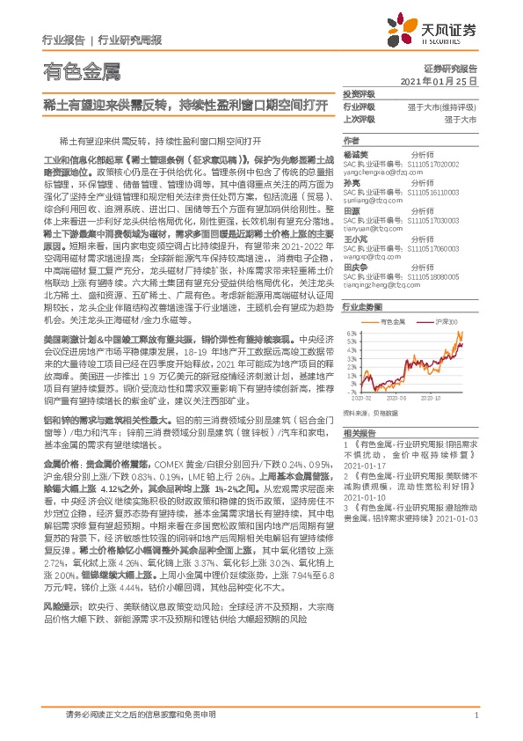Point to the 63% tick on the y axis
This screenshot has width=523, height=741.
click(x=350, y=334)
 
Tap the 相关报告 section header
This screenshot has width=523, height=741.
click(x=358, y=434)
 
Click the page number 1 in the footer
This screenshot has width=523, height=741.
click(x=475, y=715)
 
